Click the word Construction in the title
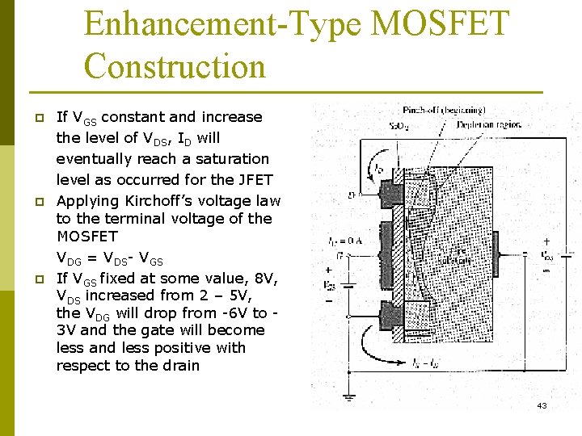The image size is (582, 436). click(175, 65)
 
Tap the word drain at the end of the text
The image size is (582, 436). click(179, 366)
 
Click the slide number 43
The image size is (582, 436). click(542, 405)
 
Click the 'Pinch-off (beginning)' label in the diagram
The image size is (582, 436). click(444, 109)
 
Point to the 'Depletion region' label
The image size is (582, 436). click(489, 124)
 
